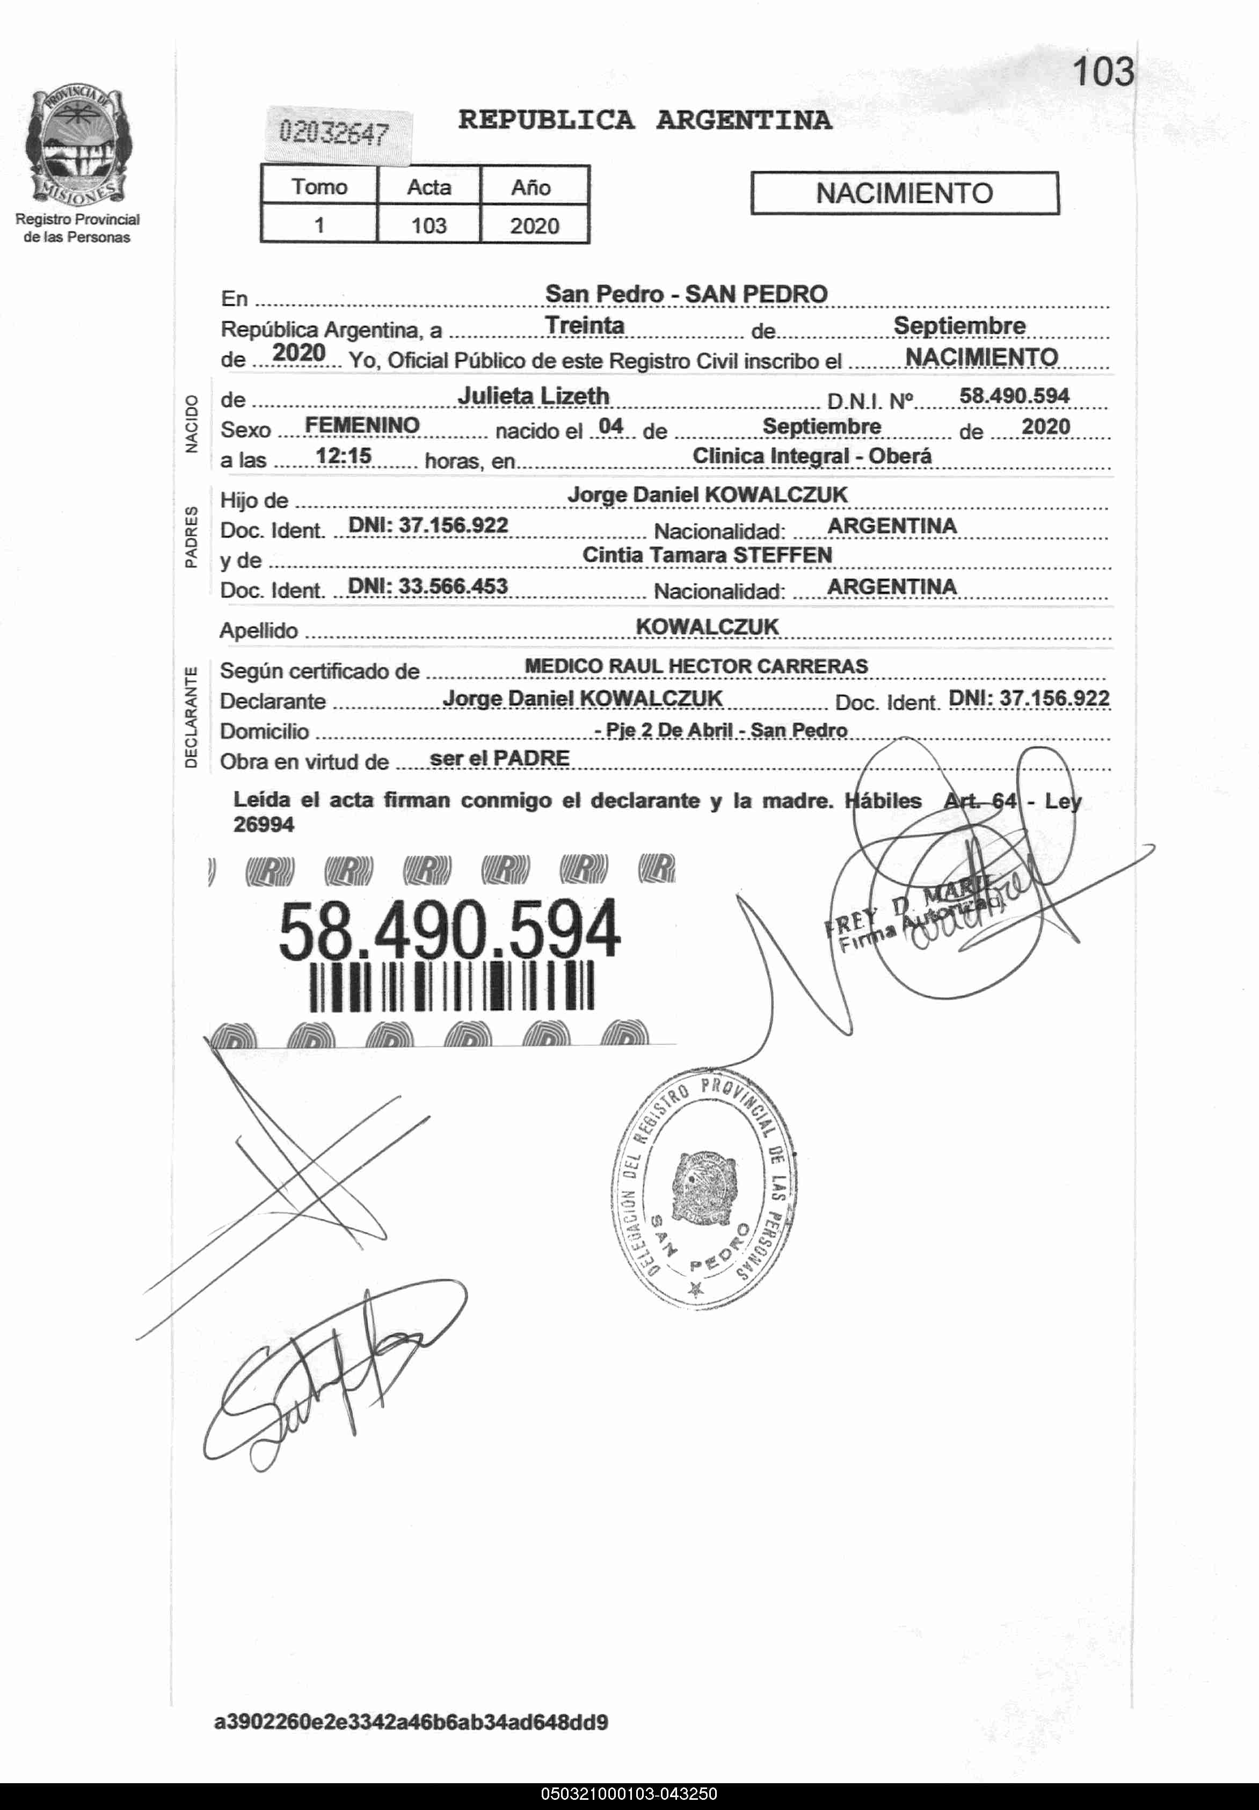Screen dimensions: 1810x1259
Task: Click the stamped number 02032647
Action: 334,133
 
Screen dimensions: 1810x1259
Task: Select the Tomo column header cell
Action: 319,187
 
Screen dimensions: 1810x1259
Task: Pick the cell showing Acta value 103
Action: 429,226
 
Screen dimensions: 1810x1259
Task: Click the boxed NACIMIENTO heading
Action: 904,193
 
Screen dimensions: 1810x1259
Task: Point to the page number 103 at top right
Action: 1103,72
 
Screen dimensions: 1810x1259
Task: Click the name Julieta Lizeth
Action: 533,395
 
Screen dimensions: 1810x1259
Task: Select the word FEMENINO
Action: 362,426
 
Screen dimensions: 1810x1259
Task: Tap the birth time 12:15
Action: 343,456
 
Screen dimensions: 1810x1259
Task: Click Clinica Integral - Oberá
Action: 811,456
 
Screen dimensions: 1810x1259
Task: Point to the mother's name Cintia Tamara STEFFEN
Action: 707,555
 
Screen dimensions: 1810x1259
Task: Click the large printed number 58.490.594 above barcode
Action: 449,931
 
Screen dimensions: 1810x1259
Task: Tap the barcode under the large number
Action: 452,986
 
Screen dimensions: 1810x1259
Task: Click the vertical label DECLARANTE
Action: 191,717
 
